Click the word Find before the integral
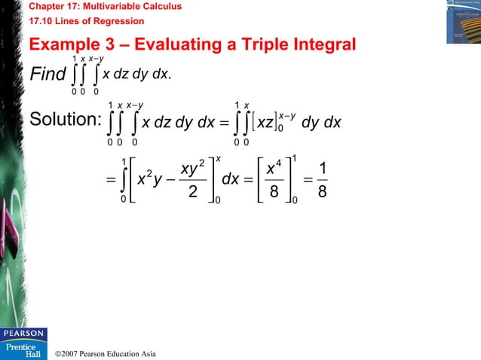coord(46,76)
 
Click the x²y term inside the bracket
coord(150,180)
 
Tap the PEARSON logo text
coord(23,332)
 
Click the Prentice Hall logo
coord(23,349)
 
